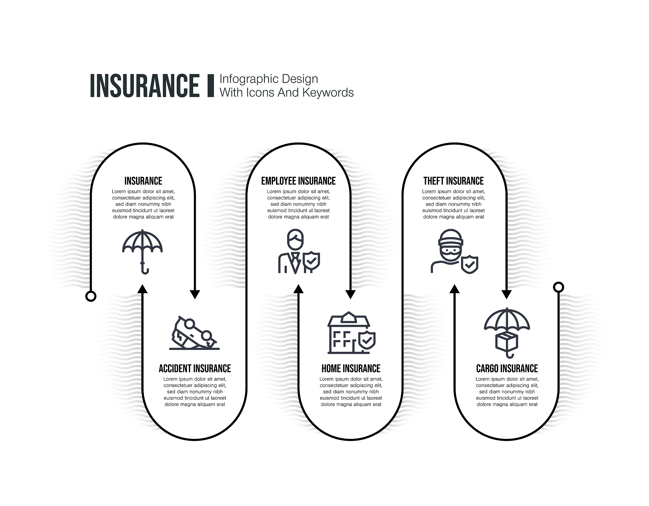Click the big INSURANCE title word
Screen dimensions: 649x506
[145, 85]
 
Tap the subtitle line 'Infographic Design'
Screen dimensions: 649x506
[269, 79]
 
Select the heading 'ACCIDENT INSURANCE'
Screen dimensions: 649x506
[195, 369]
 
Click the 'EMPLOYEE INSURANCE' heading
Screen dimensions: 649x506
[299, 181]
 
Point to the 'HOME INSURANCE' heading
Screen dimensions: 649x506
[351, 369]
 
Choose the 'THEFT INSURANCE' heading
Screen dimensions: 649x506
[453, 181]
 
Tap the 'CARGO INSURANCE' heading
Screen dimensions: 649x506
[507, 369]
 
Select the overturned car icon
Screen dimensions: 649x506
[194, 333]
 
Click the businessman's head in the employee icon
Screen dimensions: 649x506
[295, 239]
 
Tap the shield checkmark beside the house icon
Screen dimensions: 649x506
[367, 340]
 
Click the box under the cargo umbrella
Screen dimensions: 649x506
[507, 342]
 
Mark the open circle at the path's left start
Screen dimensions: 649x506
[91, 296]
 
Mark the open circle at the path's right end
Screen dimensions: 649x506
[558, 287]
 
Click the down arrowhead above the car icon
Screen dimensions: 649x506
[195, 294]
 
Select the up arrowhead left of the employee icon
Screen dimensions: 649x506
[299, 288]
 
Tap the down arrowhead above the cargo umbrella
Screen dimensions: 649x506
[506, 294]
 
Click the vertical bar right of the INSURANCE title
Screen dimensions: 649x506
[210, 85]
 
